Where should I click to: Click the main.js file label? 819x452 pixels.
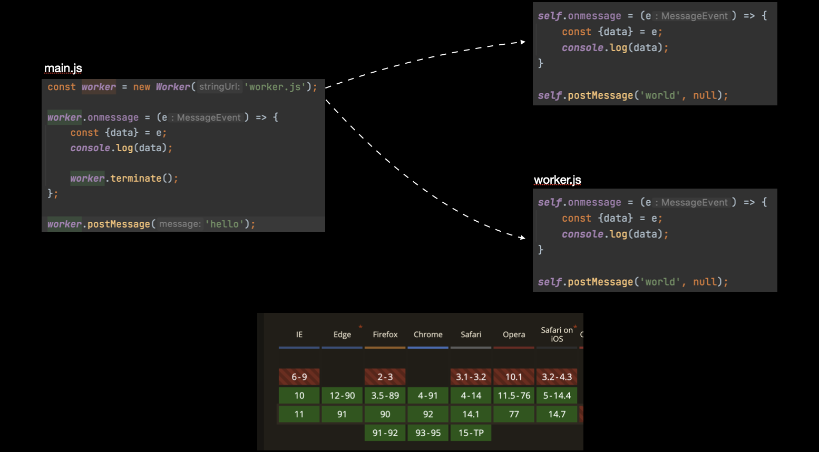(x=63, y=68)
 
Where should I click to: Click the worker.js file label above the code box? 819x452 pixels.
(x=557, y=180)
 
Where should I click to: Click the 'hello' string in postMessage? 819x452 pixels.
(x=224, y=224)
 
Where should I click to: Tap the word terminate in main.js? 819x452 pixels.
(x=136, y=178)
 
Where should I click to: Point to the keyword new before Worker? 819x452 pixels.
(x=141, y=87)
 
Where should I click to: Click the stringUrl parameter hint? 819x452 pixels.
(x=219, y=86)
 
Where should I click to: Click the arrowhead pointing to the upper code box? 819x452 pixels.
(x=523, y=42)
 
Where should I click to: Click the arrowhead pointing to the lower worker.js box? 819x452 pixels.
(x=522, y=238)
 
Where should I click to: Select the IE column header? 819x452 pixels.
(x=299, y=335)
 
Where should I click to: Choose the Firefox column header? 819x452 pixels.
(x=385, y=335)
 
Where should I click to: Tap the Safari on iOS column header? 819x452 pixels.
(x=557, y=335)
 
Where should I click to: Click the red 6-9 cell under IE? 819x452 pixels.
(x=299, y=377)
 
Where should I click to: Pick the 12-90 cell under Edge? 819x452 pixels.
(x=342, y=395)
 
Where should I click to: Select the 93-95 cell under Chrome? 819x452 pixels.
(x=428, y=433)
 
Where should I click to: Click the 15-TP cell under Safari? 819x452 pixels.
(x=471, y=433)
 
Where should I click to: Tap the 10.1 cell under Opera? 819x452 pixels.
(x=514, y=377)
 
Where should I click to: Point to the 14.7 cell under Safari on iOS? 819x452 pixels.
(x=557, y=414)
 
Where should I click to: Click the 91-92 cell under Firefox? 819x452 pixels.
(x=385, y=433)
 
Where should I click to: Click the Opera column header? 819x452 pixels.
(x=514, y=335)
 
